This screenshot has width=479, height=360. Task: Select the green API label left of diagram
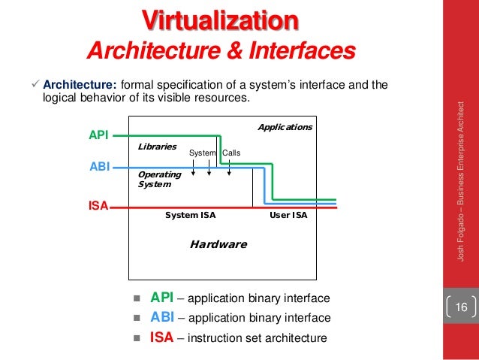click(x=98, y=135)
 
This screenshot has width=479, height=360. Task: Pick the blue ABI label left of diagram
click(x=98, y=168)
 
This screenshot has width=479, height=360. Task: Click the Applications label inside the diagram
click(x=285, y=127)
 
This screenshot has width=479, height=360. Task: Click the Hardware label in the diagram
click(x=218, y=244)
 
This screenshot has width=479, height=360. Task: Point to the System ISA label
click(x=190, y=215)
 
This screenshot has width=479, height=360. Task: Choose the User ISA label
click(x=288, y=215)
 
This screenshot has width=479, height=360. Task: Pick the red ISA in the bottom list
click(x=163, y=337)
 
